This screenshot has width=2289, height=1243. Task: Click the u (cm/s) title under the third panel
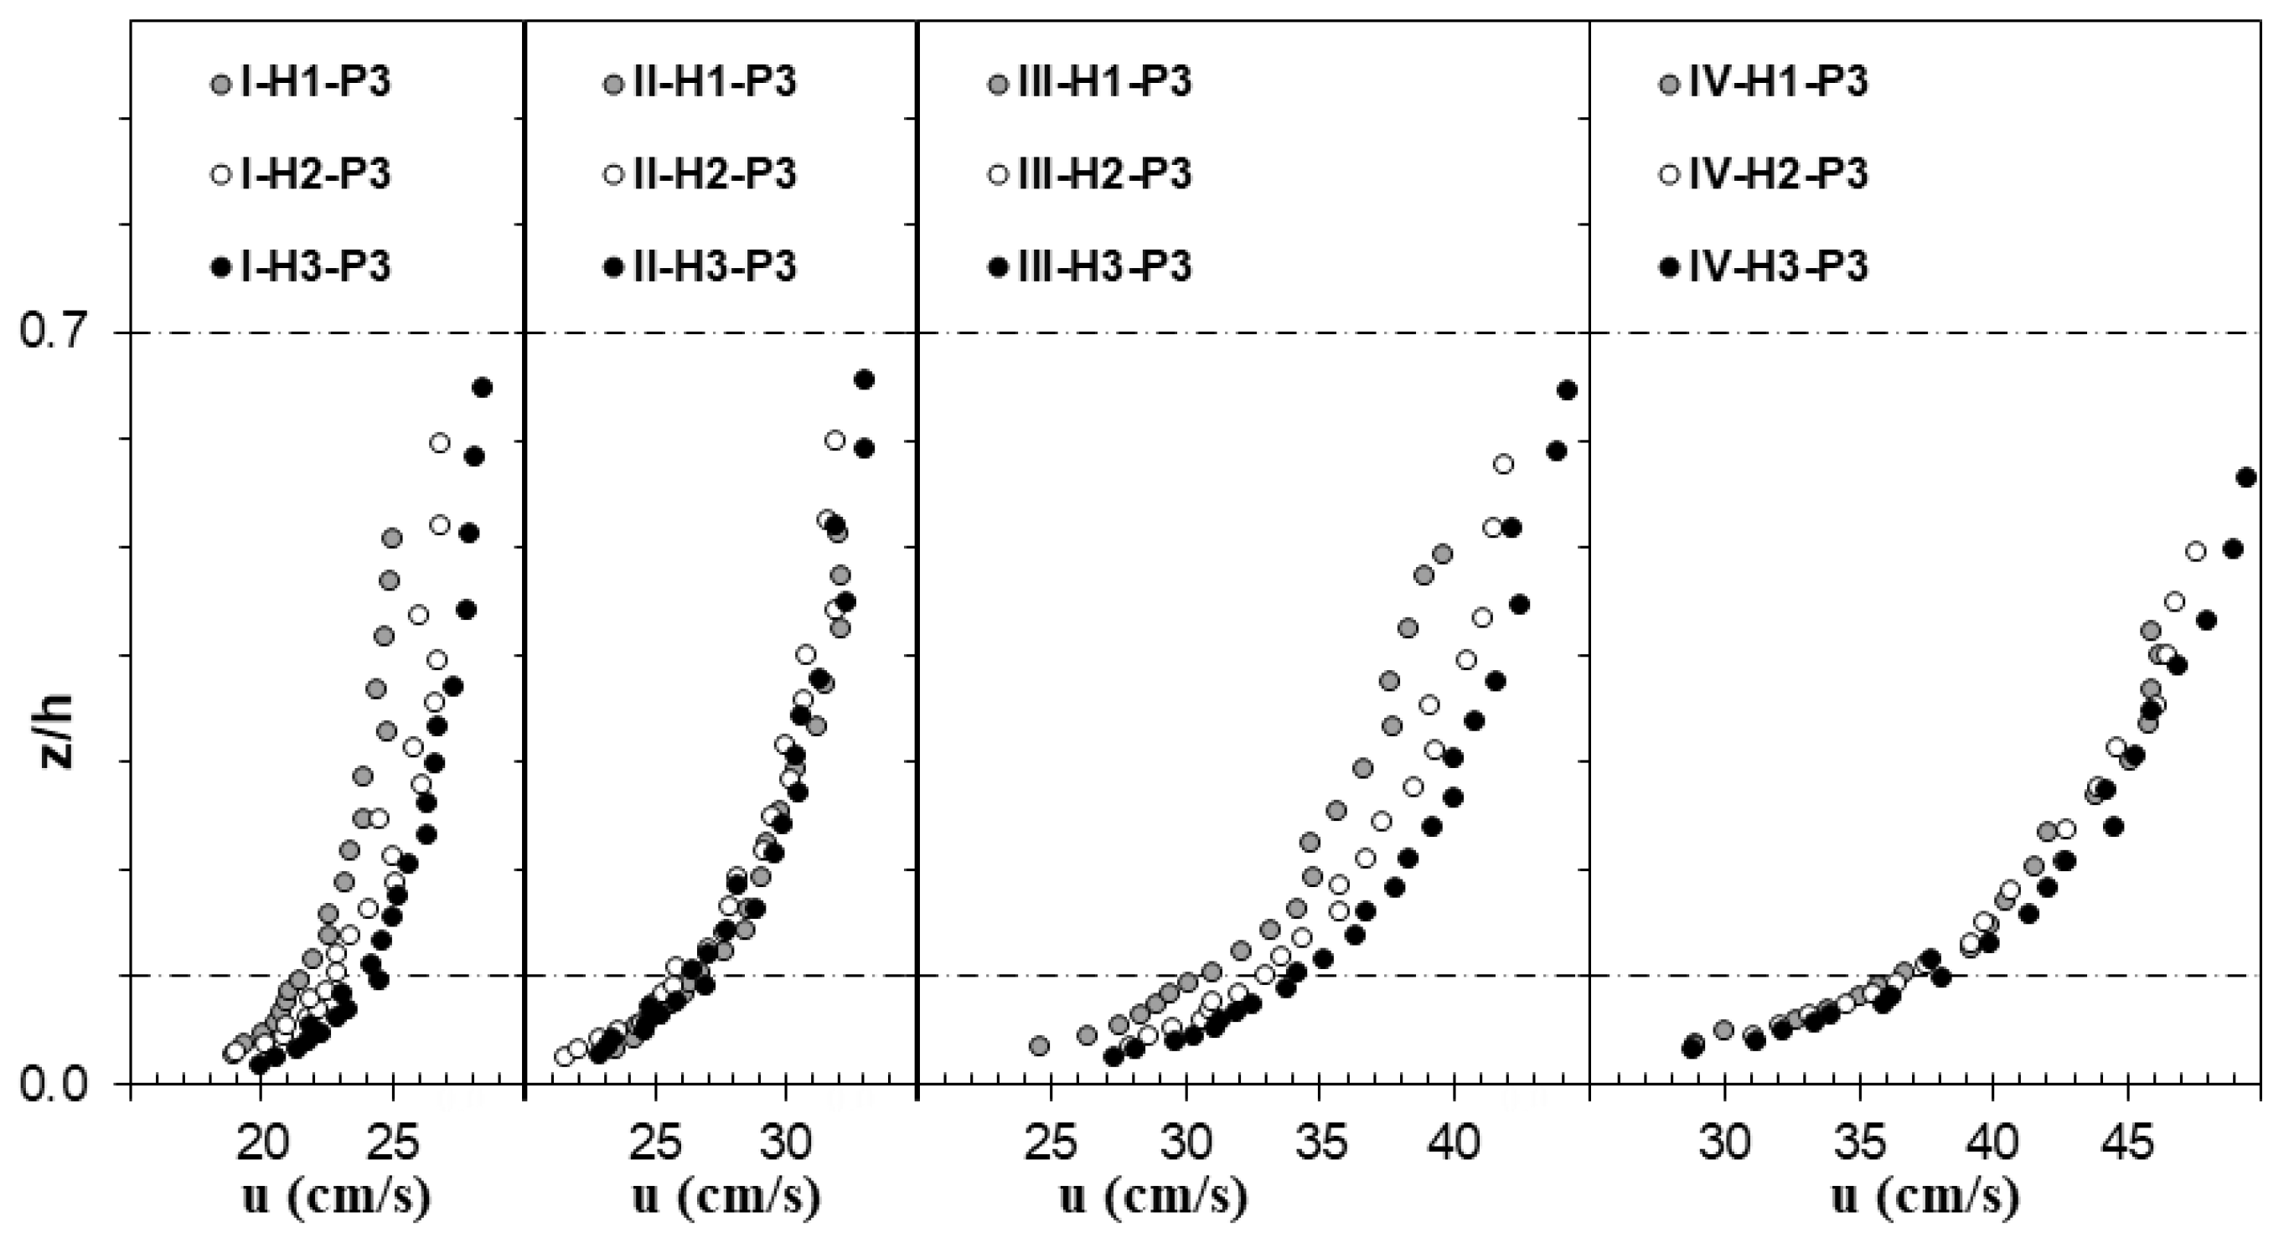pyautogui.click(x=1154, y=1198)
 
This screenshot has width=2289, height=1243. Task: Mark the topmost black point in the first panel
pyautogui.click(x=483, y=387)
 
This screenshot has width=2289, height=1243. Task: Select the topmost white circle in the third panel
pyautogui.click(x=1503, y=464)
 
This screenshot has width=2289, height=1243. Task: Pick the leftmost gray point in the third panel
pyautogui.click(x=1040, y=1046)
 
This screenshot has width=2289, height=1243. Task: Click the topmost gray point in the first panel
pyautogui.click(x=392, y=538)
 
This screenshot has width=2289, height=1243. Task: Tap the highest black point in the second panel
pyautogui.click(x=864, y=379)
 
